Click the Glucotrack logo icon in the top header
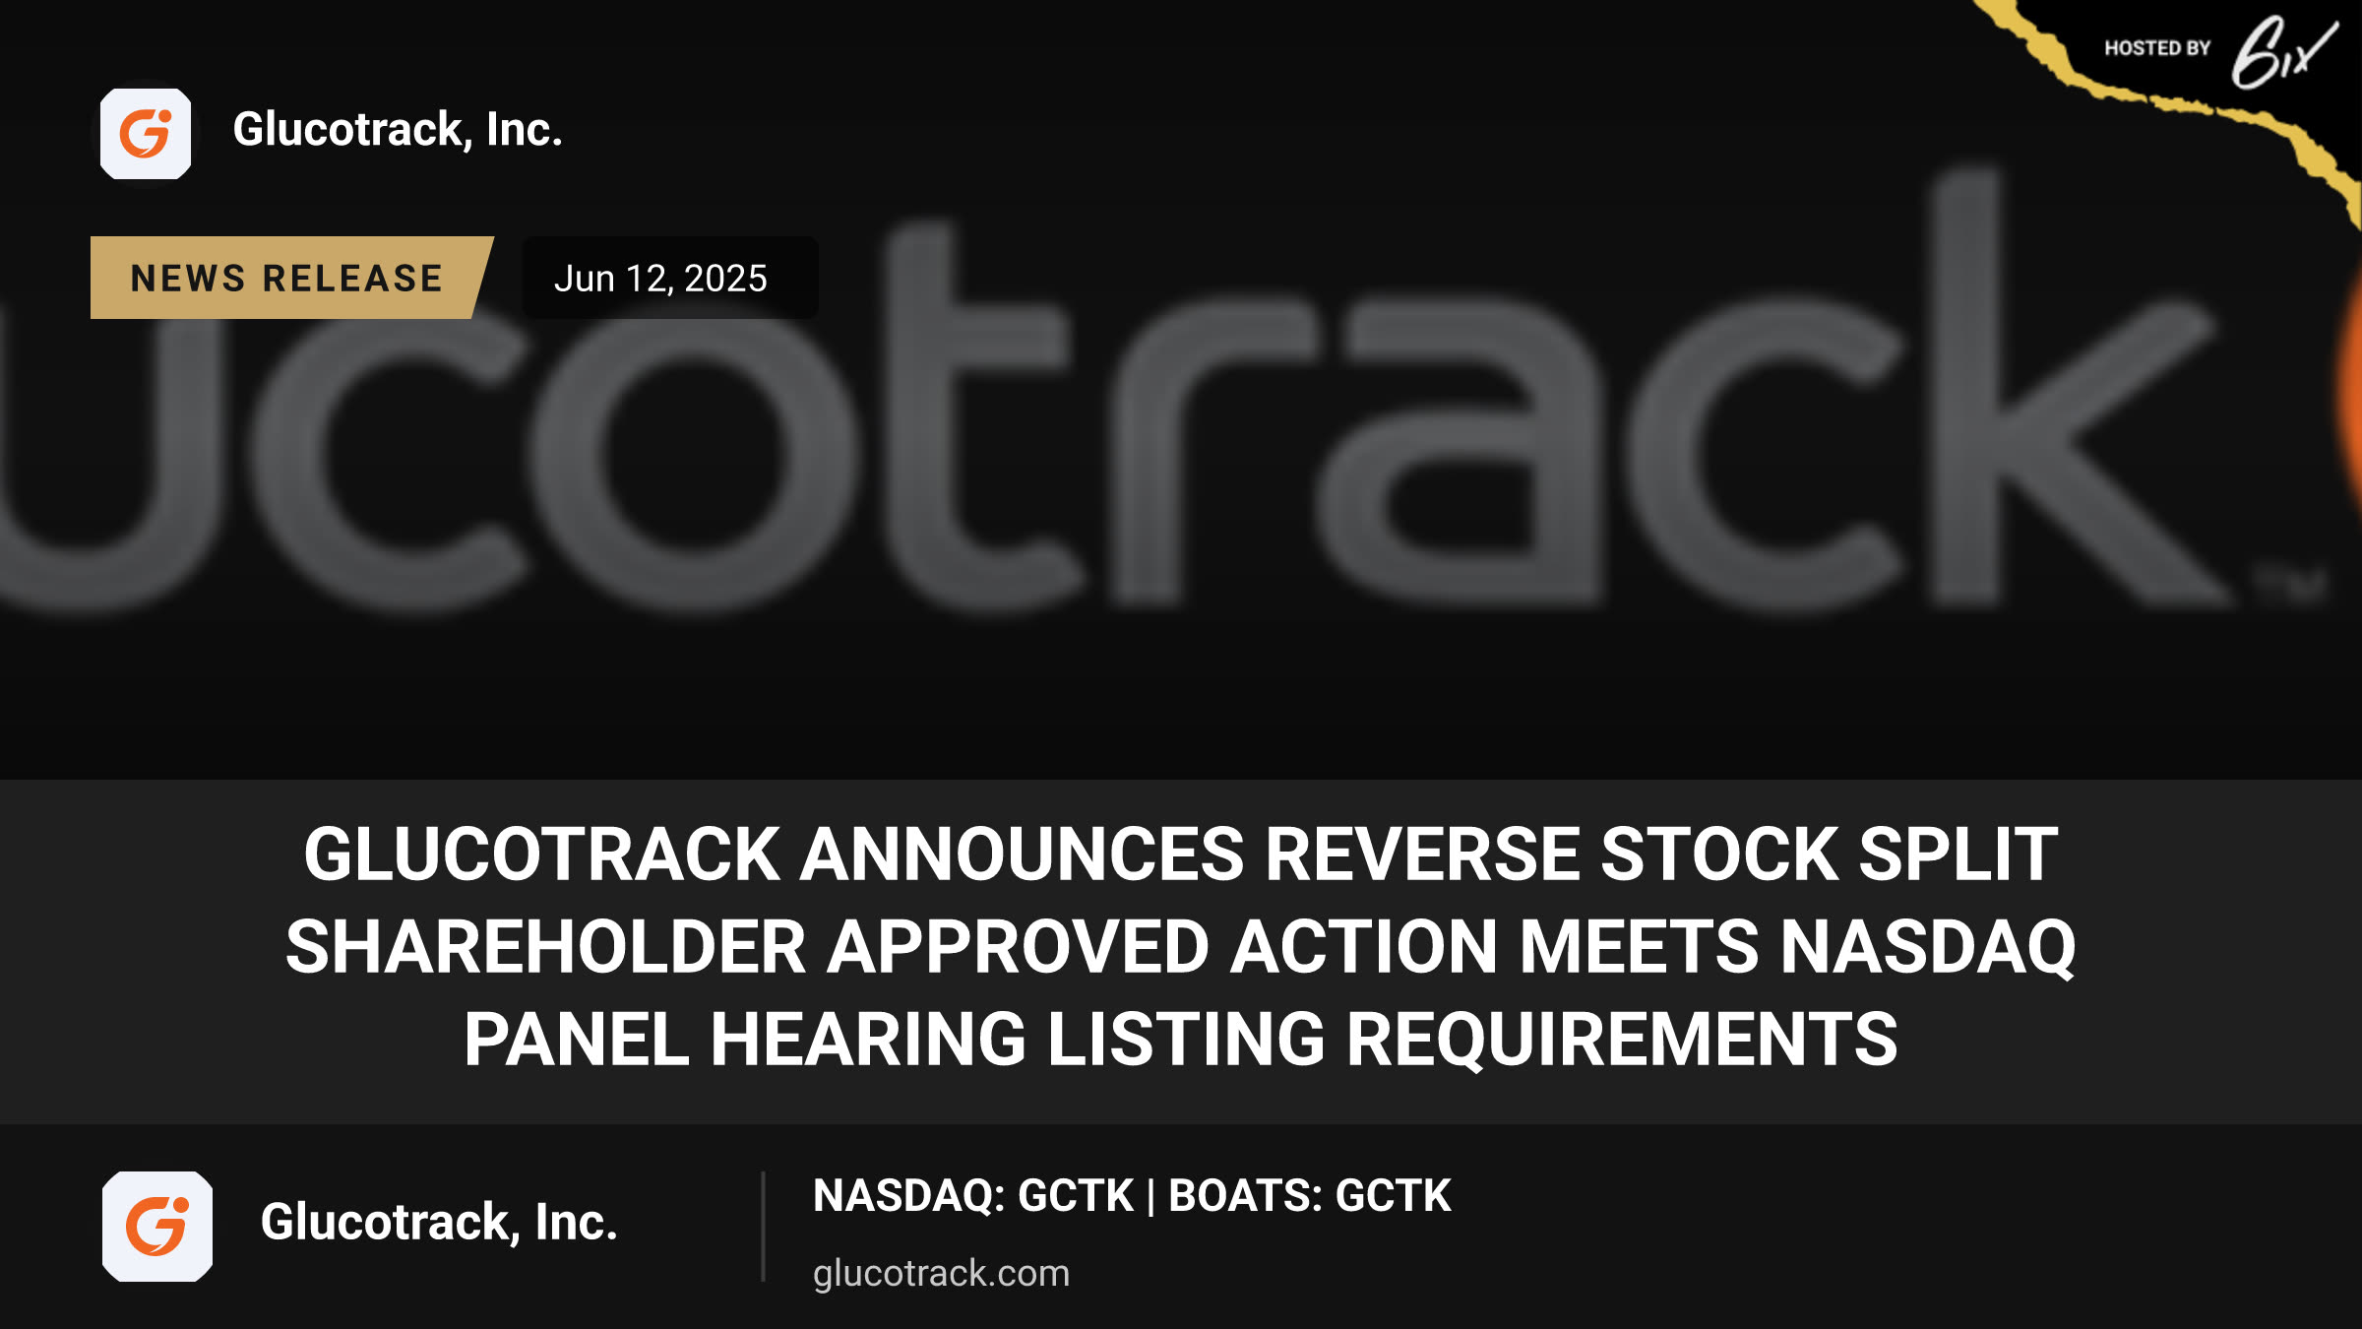tap(146, 133)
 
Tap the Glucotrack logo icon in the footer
tap(157, 1226)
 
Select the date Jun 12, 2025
tap(660, 279)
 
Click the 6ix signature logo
tap(2283, 52)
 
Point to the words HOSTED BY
tap(2157, 48)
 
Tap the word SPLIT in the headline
tap(1958, 854)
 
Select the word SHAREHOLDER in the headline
tap(546, 947)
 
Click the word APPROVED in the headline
tap(1018, 947)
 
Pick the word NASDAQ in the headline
tap(1928, 947)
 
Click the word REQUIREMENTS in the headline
tap(1622, 1040)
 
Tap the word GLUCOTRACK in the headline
tap(542, 854)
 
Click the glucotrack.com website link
tap(941, 1273)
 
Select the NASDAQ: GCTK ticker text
tap(973, 1196)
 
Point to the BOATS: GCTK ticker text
tap(1310, 1196)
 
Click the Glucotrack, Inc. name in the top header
tap(398, 130)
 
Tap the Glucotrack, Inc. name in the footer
tap(439, 1223)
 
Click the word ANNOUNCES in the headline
tap(1023, 854)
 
